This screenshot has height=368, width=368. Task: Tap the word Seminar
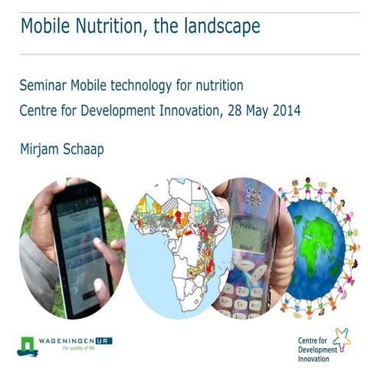tap(48, 85)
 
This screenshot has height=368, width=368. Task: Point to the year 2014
tap(284, 110)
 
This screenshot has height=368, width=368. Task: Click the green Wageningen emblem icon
tap(27, 343)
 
